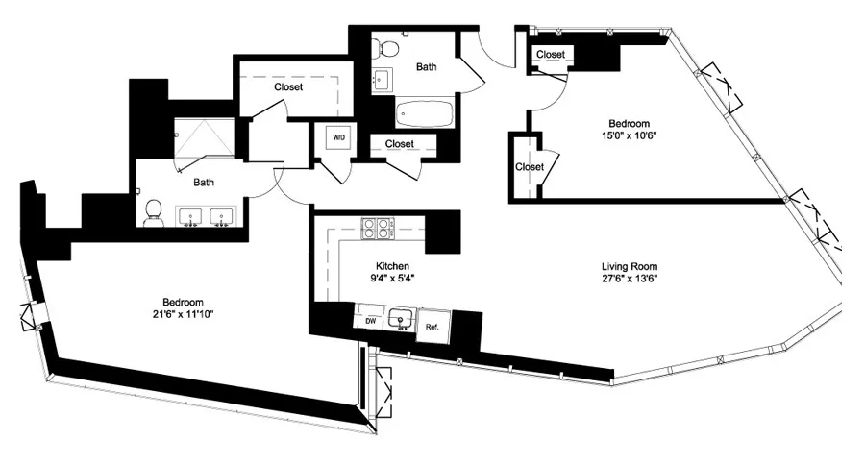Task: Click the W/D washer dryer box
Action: point(339,137)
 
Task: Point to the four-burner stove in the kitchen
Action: point(379,229)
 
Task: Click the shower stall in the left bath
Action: point(203,139)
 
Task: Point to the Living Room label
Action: point(630,266)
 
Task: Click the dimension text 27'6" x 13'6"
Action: point(630,279)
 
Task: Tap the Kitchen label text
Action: point(393,266)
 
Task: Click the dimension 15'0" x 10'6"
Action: point(630,135)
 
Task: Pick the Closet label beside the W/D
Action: point(399,144)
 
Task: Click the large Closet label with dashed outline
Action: point(287,87)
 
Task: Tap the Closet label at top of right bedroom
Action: point(551,55)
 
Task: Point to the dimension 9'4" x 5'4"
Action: point(393,279)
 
